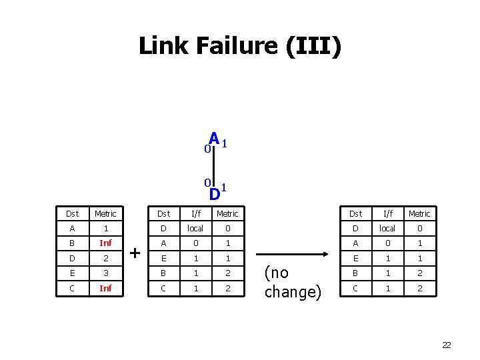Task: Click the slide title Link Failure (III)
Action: coord(239,46)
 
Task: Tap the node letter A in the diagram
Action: coord(214,138)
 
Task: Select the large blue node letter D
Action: coord(214,194)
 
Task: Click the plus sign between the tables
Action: coord(135,253)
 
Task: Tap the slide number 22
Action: coord(446,345)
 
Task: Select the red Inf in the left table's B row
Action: coord(105,243)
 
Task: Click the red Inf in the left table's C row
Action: coord(105,288)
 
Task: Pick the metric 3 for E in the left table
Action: coord(105,273)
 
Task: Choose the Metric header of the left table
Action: coord(105,213)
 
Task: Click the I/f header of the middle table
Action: coord(195,213)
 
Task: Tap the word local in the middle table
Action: coord(195,228)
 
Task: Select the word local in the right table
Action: coord(387,228)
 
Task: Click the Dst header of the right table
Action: coord(355,213)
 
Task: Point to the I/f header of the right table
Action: coord(387,213)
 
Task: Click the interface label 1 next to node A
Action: coord(225,143)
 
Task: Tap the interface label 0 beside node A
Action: coord(207,149)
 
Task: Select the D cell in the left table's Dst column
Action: coord(72,258)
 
